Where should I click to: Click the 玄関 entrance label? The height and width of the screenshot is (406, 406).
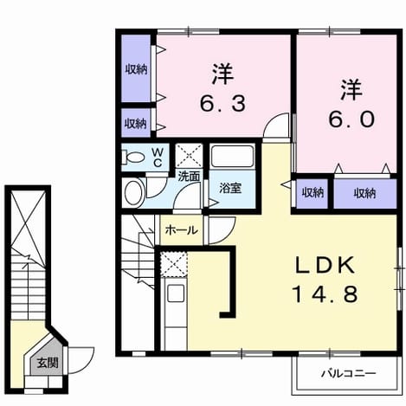pyautogui.click(x=48, y=363)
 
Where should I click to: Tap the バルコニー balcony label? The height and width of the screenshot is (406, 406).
pyautogui.click(x=349, y=374)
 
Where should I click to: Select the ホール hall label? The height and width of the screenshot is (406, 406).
pyautogui.click(x=182, y=230)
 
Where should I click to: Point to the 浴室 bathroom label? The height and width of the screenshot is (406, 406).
pyautogui.click(x=230, y=188)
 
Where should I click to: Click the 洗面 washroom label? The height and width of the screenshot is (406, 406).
pyautogui.click(x=189, y=177)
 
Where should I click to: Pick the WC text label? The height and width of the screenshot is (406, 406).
pyautogui.click(x=158, y=158)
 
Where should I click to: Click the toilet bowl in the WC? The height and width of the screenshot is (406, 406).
pyautogui.click(x=133, y=158)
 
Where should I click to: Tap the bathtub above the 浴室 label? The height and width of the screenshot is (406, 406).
pyautogui.click(x=232, y=156)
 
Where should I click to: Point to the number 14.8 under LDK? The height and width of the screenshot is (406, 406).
pyautogui.click(x=325, y=294)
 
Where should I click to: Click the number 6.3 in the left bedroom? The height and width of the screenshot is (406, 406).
pyautogui.click(x=223, y=104)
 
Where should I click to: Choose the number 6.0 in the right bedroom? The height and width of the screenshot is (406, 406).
pyautogui.click(x=351, y=119)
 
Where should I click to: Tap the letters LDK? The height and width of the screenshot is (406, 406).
pyautogui.click(x=325, y=265)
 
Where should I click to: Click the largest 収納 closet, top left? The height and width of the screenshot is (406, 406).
pyautogui.click(x=136, y=68)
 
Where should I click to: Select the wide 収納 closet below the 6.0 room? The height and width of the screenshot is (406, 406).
pyautogui.click(x=365, y=193)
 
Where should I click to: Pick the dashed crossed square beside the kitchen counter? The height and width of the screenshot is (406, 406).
pyautogui.click(x=174, y=264)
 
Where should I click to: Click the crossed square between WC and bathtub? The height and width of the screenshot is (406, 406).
pyautogui.click(x=189, y=155)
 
